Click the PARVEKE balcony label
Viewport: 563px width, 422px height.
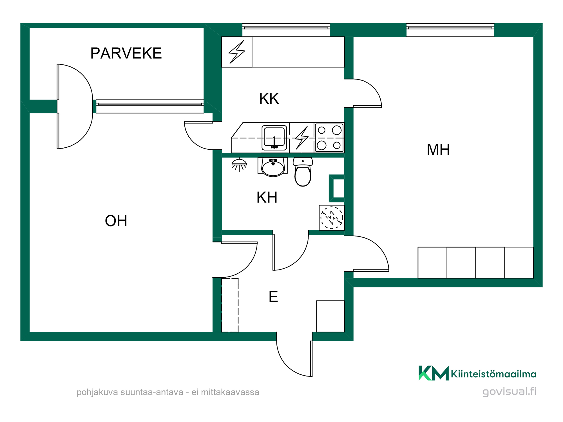(x=126, y=53)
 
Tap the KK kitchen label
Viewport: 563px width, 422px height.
(x=269, y=99)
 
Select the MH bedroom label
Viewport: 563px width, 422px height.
(x=438, y=150)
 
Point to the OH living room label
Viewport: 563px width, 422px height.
(x=116, y=221)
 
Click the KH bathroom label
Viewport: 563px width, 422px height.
(x=267, y=197)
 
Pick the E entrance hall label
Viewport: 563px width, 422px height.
(x=273, y=297)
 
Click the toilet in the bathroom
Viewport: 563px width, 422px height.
(x=303, y=172)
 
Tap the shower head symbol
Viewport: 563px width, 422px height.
(x=239, y=165)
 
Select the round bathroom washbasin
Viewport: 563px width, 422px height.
(x=273, y=167)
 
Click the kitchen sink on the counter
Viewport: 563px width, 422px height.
(x=274, y=138)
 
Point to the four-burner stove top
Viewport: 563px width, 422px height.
(x=329, y=138)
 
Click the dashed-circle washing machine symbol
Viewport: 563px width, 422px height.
(x=332, y=218)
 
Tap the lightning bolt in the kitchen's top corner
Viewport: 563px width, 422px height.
(x=237, y=52)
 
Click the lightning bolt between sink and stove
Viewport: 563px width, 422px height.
(x=302, y=138)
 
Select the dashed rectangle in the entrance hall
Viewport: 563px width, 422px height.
(x=230, y=305)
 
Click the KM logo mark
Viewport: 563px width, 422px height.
(x=434, y=373)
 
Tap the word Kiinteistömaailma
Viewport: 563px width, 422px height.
(x=493, y=374)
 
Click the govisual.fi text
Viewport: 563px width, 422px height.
(x=509, y=392)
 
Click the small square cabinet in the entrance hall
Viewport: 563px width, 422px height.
(x=330, y=316)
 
